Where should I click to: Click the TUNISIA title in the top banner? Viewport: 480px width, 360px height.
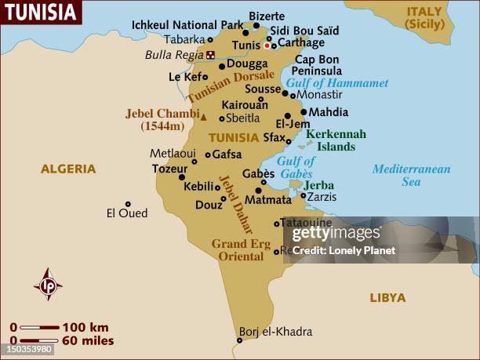point(41,13)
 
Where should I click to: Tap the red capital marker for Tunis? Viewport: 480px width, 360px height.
point(267,45)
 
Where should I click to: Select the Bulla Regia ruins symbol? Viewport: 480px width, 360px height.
point(210,55)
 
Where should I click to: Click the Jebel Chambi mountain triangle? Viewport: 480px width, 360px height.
point(204,117)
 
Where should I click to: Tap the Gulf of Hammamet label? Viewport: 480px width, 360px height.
point(337,83)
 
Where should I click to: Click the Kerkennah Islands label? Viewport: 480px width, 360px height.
point(336,140)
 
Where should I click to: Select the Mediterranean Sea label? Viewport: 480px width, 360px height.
point(411,175)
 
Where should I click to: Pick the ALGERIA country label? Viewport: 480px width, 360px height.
point(68,169)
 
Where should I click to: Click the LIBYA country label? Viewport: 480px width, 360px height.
point(387,298)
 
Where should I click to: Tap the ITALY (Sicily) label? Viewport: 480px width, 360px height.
point(424,18)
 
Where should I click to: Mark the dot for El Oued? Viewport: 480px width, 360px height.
point(128,204)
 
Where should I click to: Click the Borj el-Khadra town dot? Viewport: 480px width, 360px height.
point(239,340)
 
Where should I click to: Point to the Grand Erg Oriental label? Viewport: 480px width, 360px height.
point(241,250)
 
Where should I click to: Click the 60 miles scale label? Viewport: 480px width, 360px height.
point(88,340)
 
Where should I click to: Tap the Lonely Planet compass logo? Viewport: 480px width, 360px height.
point(48,284)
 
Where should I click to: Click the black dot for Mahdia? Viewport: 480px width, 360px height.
point(304,111)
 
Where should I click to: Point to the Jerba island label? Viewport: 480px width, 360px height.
point(318,185)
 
